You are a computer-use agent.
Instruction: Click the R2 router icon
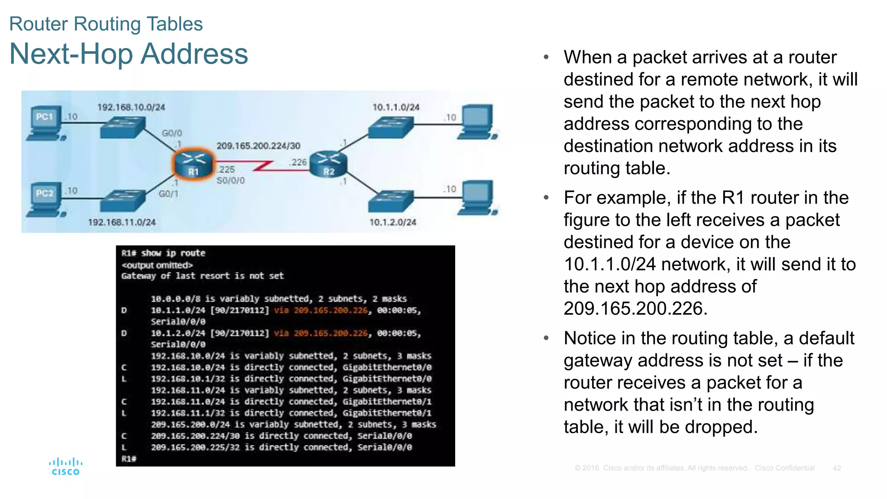click(x=329, y=164)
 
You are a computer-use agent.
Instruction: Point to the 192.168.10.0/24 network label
click(x=131, y=107)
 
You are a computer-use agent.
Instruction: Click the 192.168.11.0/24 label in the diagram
click(x=122, y=222)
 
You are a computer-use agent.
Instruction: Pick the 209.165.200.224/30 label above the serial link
click(x=258, y=146)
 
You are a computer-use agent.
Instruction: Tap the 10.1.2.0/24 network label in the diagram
click(x=392, y=222)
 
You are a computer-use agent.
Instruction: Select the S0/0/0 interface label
click(x=230, y=180)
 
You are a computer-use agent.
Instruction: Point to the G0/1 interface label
click(x=168, y=194)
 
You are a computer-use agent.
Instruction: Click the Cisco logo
click(x=65, y=467)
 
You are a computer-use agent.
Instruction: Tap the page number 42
click(x=836, y=468)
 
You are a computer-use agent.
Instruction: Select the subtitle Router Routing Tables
click(x=106, y=24)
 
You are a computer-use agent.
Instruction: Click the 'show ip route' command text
click(x=173, y=253)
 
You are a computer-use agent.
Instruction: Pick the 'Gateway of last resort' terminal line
click(x=202, y=276)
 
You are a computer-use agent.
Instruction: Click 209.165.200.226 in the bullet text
click(x=635, y=308)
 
